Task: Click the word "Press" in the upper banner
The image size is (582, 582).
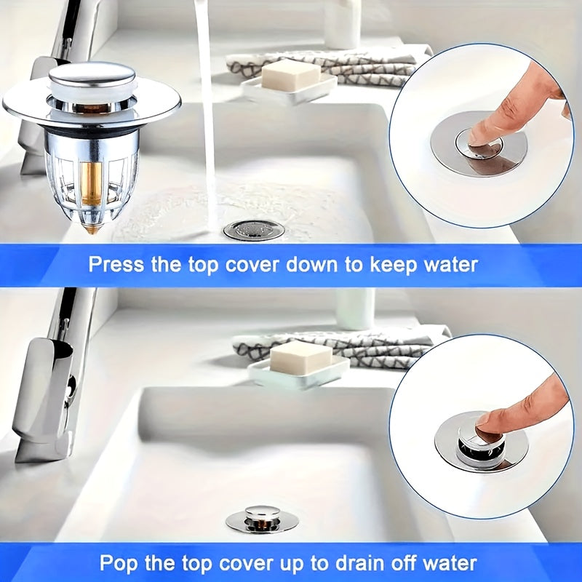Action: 116,265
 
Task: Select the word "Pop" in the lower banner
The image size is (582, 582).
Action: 119,563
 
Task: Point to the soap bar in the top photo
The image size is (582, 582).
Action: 290,76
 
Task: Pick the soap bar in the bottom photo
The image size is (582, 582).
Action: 300,356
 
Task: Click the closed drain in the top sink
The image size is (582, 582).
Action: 254,230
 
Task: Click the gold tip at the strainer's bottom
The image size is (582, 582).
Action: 92,229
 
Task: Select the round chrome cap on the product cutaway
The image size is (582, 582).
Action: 92,75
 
